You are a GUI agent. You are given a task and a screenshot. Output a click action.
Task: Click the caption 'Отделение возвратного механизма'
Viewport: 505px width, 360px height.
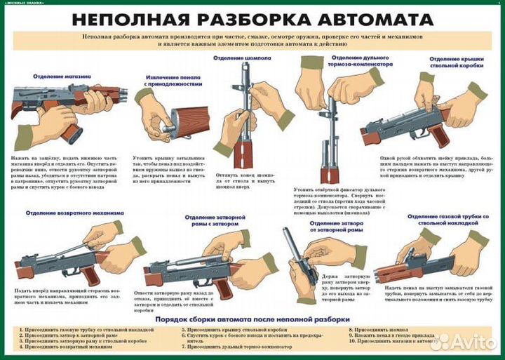(74, 212)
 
